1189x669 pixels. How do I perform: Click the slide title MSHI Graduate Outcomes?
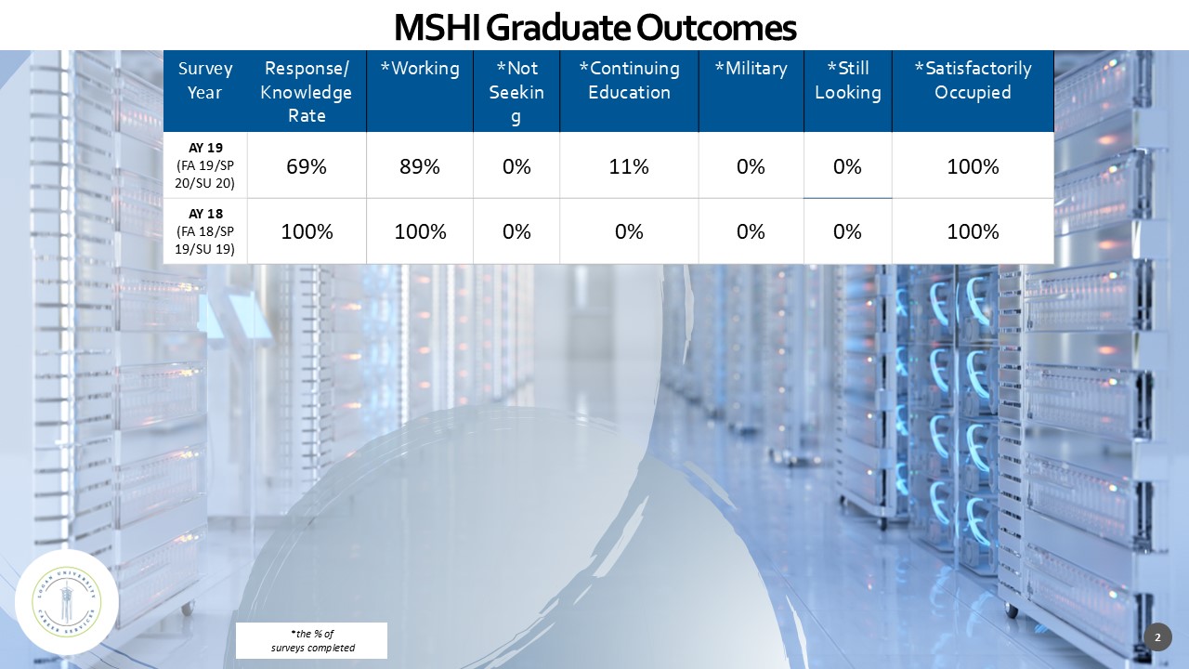click(594, 28)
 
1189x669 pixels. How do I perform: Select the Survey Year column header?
click(205, 81)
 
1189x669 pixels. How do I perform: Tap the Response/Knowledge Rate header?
click(307, 92)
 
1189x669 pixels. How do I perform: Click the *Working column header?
click(420, 69)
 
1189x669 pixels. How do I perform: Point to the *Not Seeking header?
click(516, 92)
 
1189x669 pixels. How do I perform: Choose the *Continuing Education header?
click(629, 81)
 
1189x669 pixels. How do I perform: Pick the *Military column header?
click(751, 69)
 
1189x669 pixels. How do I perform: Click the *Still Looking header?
click(847, 81)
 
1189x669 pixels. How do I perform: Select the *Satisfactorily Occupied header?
click(973, 81)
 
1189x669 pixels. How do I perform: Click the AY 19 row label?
click(205, 165)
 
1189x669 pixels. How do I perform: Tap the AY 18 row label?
click(205, 231)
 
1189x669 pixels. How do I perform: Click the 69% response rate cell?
click(307, 166)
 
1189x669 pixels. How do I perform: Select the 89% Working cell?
click(420, 166)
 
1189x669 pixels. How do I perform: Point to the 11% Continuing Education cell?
click(629, 166)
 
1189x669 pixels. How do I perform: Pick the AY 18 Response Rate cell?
click(307, 231)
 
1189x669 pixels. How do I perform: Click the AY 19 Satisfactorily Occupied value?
click(973, 166)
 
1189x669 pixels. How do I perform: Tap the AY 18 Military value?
click(751, 231)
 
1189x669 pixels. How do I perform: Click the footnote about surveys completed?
click(312, 641)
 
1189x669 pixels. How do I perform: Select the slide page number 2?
click(1157, 637)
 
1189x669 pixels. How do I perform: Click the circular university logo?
click(67, 601)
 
